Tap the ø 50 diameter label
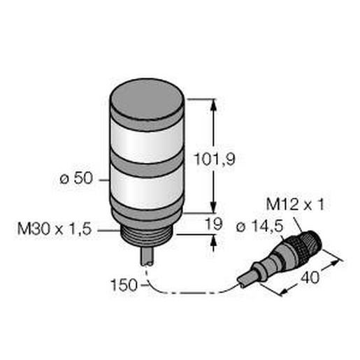(x=74, y=178)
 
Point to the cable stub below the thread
(x=150, y=254)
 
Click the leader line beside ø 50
(x=102, y=179)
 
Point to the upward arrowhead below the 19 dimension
(x=213, y=240)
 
